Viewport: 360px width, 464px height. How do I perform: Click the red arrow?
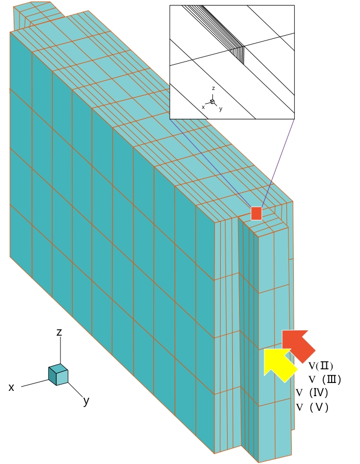pyautogui.click(x=297, y=345)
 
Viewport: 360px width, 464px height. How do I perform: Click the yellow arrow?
pyautogui.click(x=279, y=364)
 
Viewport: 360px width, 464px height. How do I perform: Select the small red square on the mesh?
pyautogui.click(x=256, y=214)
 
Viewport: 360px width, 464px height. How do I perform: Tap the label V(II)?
pyautogui.click(x=321, y=366)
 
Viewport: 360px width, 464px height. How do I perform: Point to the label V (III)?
pyautogui.click(x=325, y=379)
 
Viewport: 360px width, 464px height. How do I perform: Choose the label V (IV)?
pyautogui.click(x=312, y=392)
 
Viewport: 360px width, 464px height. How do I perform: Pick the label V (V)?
pyautogui.click(x=312, y=407)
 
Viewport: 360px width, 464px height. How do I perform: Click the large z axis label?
pyautogui.click(x=59, y=332)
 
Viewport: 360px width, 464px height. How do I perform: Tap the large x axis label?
pyautogui.click(x=11, y=387)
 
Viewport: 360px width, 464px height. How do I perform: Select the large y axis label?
pyautogui.click(x=86, y=401)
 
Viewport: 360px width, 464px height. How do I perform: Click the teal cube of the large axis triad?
pyautogui.click(x=58, y=375)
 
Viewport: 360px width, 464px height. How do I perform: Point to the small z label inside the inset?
pyautogui.click(x=213, y=88)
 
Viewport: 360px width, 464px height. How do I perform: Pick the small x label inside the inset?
pyautogui.click(x=203, y=107)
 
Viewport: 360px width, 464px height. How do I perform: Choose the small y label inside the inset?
pyautogui.click(x=221, y=109)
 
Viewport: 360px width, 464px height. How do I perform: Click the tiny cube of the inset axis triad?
pyautogui.click(x=212, y=102)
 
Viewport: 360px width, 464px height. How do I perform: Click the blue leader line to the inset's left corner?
pyautogui.click(x=210, y=163)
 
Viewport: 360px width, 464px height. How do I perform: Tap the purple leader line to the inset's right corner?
pyautogui.click(x=278, y=163)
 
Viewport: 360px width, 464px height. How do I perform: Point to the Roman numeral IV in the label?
pyautogui.click(x=318, y=392)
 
